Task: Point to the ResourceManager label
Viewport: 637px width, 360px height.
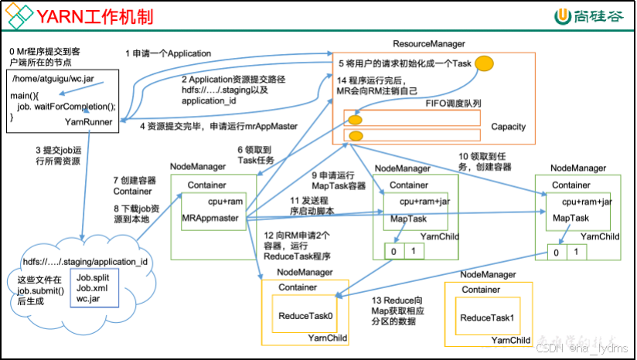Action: click(x=429, y=44)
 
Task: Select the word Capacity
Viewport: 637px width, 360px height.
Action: click(x=508, y=126)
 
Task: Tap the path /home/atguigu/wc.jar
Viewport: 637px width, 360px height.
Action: click(x=53, y=79)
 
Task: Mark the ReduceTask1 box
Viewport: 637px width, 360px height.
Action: click(x=486, y=318)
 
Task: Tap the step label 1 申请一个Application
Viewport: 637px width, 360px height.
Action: click(x=169, y=53)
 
